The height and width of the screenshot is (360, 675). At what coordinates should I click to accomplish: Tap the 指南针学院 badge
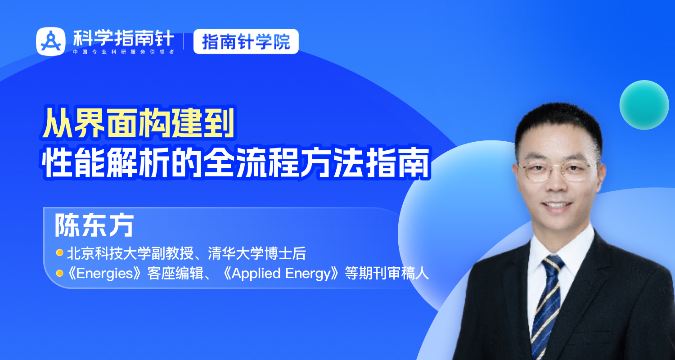(x=246, y=42)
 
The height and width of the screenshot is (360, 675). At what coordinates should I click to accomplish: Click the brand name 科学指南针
(x=123, y=39)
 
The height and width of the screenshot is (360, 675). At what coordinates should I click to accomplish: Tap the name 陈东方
(x=94, y=225)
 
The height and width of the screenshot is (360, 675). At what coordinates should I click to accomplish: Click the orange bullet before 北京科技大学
(x=59, y=253)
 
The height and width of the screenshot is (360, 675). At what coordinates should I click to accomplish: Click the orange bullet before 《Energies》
(x=59, y=273)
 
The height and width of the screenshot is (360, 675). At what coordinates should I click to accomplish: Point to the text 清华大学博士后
(x=256, y=254)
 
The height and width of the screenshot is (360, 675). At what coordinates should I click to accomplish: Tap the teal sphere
(x=644, y=105)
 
